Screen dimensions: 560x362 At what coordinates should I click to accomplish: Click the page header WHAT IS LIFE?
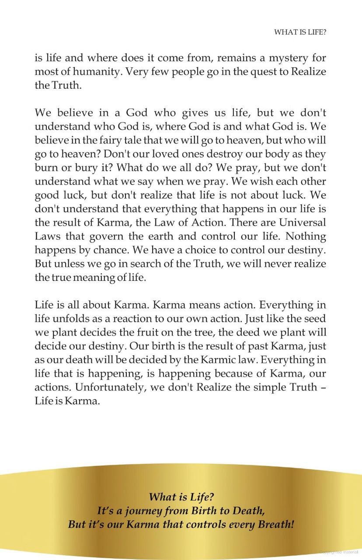[x=300, y=32]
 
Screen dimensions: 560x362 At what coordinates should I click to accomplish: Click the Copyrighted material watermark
[x=338, y=553]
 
